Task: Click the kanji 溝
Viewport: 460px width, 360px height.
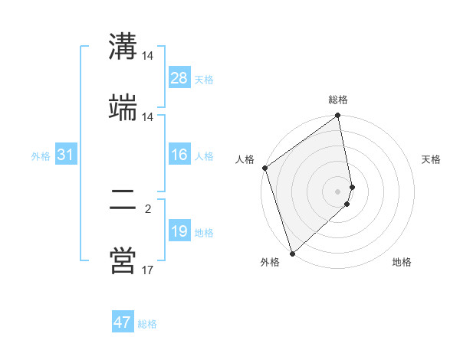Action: pyautogui.click(x=123, y=46)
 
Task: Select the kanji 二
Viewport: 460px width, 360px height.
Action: pyautogui.click(x=123, y=201)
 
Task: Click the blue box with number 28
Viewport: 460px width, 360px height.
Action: pyautogui.click(x=179, y=78)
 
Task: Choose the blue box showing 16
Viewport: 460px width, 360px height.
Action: pyautogui.click(x=179, y=155)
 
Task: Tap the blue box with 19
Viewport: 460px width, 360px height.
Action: pyautogui.click(x=179, y=231)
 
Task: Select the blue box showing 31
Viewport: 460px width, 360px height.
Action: pyautogui.click(x=65, y=155)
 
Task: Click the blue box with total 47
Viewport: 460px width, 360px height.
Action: pyautogui.click(x=123, y=322)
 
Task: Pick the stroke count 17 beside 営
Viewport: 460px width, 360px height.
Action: pyautogui.click(x=148, y=270)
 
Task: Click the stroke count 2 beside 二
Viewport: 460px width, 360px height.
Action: pyautogui.click(x=148, y=208)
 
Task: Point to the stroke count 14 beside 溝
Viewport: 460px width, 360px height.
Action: pyautogui.click(x=148, y=56)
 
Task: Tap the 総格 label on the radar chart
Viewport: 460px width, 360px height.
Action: pyautogui.click(x=338, y=100)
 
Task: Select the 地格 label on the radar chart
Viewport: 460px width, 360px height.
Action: pyautogui.click(x=402, y=262)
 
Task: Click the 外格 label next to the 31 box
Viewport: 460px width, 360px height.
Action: pyautogui.click(x=41, y=156)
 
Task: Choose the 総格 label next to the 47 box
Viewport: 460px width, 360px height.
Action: pyautogui.click(x=147, y=324)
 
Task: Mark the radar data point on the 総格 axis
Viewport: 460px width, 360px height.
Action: pyautogui.click(x=338, y=116)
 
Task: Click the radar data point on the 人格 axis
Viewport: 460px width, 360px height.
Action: pyautogui.click(x=265, y=168)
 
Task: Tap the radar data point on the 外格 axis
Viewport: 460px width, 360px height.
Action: pyautogui.click(x=291, y=254)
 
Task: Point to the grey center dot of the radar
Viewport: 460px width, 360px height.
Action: pyautogui.click(x=338, y=191)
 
